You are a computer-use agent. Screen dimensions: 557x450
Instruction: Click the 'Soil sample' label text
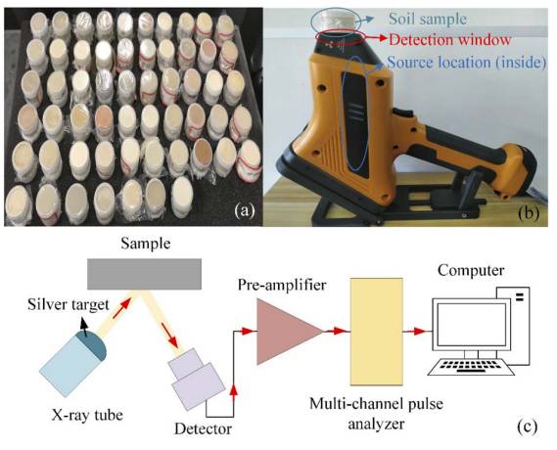(x=428, y=19)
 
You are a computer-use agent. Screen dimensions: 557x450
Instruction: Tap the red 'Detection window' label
(x=449, y=39)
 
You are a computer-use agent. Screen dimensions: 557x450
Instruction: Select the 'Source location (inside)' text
(x=466, y=63)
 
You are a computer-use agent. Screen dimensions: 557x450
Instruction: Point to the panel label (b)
(x=529, y=212)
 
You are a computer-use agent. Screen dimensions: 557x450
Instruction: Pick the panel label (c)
(x=528, y=426)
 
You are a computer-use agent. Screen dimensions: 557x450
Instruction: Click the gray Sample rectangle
(x=144, y=274)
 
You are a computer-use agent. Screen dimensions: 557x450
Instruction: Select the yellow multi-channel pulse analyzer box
(x=376, y=332)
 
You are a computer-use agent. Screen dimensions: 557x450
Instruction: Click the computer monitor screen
(x=472, y=324)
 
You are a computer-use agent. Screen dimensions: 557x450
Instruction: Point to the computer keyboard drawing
(x=471, y=367)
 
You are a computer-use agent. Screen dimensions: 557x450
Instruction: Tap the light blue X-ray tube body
(x=68, y=366)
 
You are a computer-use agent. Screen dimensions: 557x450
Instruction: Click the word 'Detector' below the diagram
(x=203, y=428)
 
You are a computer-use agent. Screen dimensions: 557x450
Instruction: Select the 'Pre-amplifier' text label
(x=282, y=285)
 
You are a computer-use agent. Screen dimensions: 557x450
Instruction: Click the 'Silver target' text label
(x=69, y=304)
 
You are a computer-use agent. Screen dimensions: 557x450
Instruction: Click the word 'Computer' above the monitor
(x=471, y=270)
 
